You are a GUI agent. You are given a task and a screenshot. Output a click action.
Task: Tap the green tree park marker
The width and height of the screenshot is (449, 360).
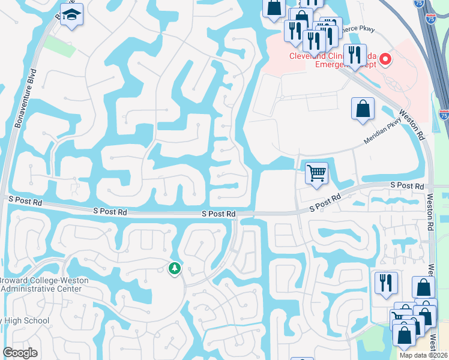pyautogui.click(x=175, y=268)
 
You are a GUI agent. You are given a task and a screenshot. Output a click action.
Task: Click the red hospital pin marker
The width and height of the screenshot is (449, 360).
pyautogui.click(x=385, y=59)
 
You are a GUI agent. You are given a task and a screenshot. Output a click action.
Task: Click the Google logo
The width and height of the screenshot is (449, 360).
pyautogui.click(x=20, y=353)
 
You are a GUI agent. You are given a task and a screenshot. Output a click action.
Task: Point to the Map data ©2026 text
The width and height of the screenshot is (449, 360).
pyautogui.click(x=423, y=355)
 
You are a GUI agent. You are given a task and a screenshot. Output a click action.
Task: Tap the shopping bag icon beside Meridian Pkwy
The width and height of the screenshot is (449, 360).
pyautogui.click(x=363, y=109)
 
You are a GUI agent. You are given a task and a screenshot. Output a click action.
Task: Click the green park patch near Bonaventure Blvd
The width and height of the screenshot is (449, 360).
pyautogui.click(x=59, y=46)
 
